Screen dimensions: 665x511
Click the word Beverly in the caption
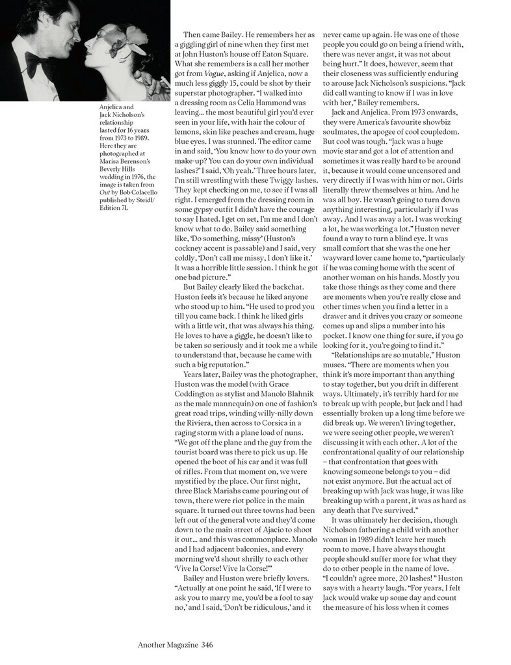click(x=109, y=167)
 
